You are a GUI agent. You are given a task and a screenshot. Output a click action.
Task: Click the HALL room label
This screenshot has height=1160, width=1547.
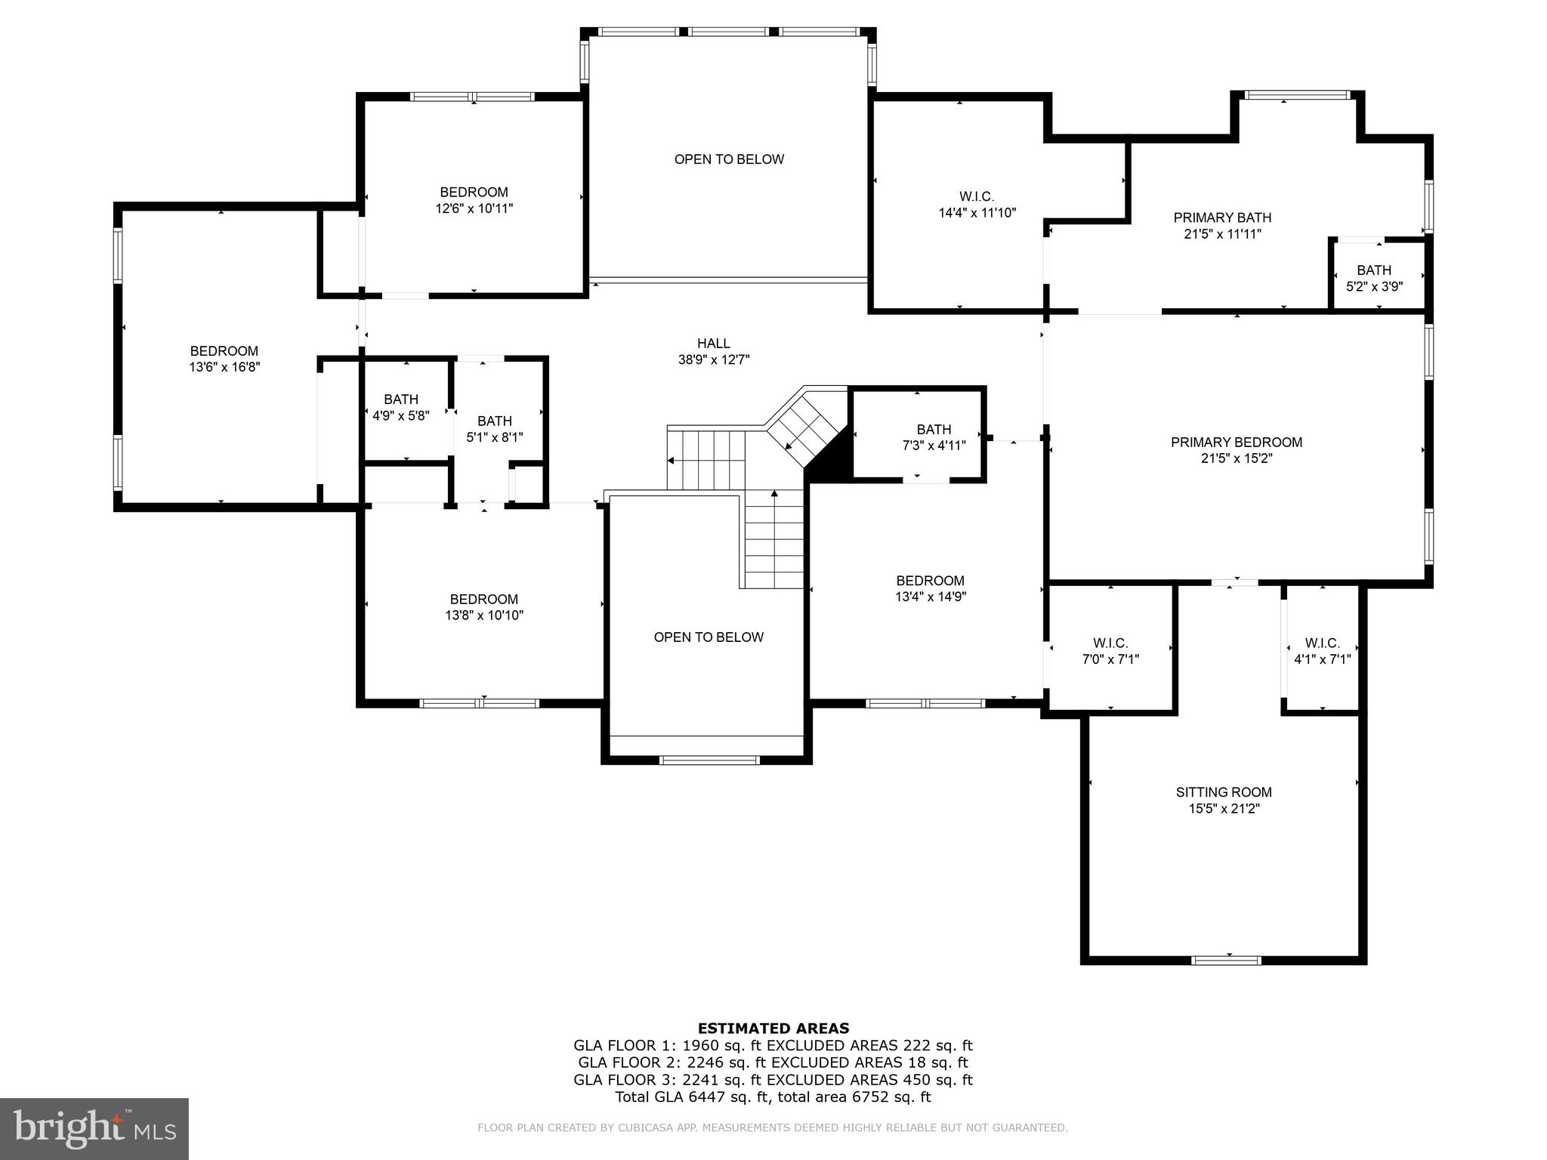pyautogui.click(x=713, y=344)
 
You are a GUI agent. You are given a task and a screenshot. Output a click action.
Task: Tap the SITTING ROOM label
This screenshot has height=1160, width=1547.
pyautogui.click(x=1223, y=792)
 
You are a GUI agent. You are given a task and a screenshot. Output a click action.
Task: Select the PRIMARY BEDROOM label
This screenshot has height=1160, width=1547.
pyautogui.click(x=1236, y=443)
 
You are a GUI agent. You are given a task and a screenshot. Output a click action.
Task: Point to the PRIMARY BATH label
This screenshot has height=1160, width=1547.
pyautogui.click(x=1221, y=217)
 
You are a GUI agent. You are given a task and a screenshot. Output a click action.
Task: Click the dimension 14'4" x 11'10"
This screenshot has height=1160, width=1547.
pyautogui.click(x=977, y=213)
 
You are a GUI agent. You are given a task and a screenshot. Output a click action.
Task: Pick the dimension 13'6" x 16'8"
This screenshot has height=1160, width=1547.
pyautogui.click(x=224, y=368)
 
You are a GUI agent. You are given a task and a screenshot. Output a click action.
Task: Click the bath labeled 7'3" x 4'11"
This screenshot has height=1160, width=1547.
pyautogui.click(x=934, y=437)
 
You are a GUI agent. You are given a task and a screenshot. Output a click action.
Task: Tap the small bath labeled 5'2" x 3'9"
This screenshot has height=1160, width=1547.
pyautogui.click(x=1373, y=278)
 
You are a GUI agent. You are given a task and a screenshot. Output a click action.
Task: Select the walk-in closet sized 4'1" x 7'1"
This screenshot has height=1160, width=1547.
pyautogui.click(x=1322, y=651)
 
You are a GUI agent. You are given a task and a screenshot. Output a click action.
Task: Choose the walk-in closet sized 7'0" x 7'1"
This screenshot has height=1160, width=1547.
pyautogui.click(x=1110, y=651)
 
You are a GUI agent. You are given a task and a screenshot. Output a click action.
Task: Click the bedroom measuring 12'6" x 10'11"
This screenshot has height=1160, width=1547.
pyautogui.click(x=474, y=200)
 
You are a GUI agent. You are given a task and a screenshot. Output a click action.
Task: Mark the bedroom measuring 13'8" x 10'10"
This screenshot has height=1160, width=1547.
pyautogui.click(x=483, y=607)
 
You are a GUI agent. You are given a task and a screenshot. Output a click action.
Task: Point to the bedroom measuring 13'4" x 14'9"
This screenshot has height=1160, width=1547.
pyautogui.click(x=930, y=588)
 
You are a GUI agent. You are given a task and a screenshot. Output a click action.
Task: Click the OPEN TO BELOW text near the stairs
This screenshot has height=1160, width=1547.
pyautogui.click(x=708, y=637)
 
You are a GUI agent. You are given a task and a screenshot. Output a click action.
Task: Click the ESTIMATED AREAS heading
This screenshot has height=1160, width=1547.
pyautogui.click(x=773, y=1028)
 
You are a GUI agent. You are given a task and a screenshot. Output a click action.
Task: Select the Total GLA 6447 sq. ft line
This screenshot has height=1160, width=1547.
pyautogui.click(x=773, y=1097)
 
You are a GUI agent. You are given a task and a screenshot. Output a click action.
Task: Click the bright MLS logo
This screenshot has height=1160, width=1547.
pyautogui.click(x=94, y=1128)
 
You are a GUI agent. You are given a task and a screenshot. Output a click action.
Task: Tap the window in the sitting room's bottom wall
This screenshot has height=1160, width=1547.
pyautogui.click(x=1225, y=961)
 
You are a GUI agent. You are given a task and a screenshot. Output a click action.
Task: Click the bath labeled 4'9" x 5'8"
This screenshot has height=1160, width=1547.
pyautogui.click(x=400, y=407)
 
